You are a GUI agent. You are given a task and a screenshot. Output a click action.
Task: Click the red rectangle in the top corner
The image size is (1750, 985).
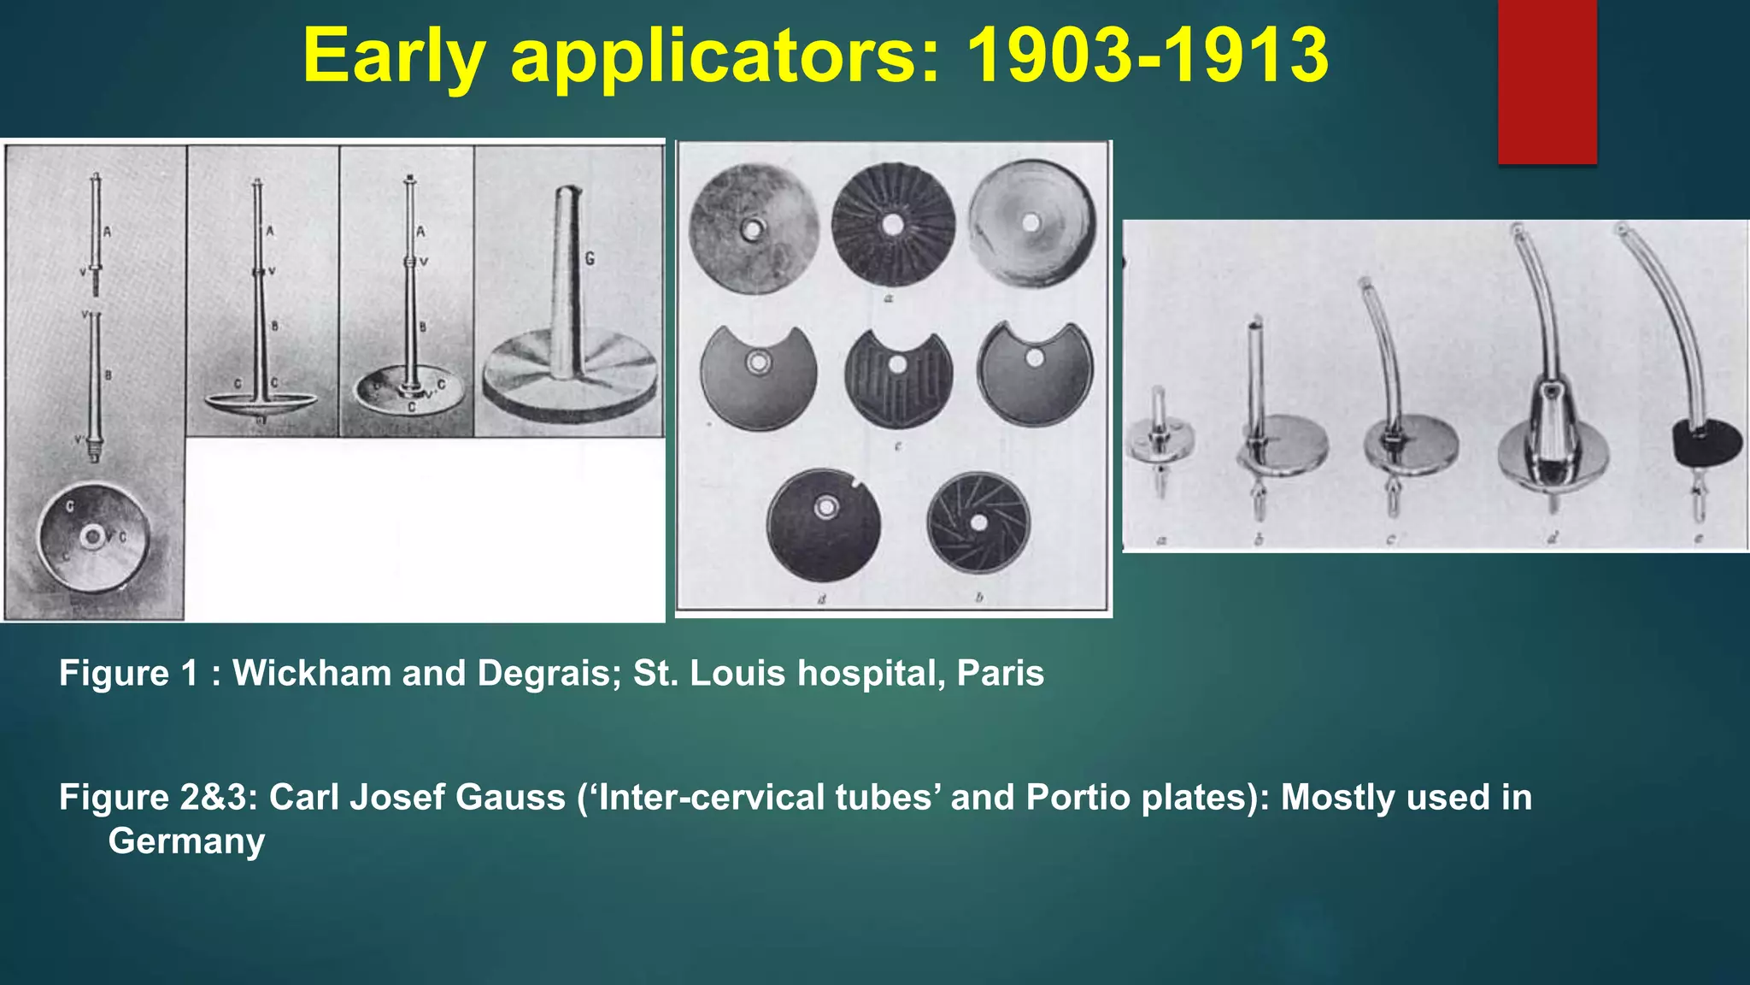(1547, 81)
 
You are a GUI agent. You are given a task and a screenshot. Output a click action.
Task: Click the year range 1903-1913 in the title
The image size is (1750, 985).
(1147, 56)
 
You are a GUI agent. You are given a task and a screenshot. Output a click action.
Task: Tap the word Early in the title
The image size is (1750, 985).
(394, 56)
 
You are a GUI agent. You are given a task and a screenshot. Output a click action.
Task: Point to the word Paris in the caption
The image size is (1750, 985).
(1000, 674)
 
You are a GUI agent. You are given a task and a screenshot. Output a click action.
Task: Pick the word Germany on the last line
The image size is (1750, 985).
(186, 841)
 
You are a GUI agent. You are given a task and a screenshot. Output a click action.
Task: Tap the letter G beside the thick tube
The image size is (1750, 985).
(590, 258)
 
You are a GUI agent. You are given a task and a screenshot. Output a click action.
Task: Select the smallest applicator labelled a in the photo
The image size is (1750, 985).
(1160, 440)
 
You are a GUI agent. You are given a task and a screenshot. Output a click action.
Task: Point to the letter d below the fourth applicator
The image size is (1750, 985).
(1552, 538)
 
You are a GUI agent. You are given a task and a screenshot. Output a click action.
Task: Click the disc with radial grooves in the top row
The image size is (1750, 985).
(893, 223)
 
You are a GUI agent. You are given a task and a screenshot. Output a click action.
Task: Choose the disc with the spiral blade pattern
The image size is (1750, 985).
(978, 522)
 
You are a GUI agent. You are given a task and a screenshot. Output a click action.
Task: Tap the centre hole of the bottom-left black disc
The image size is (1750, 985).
(825, 508)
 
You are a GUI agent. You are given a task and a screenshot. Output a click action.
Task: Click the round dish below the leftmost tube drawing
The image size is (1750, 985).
(94, 537)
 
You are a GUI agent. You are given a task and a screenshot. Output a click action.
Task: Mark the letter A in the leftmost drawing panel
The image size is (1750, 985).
(107, 232)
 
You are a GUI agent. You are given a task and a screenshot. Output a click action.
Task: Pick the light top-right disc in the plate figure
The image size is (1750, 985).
(1031, 223)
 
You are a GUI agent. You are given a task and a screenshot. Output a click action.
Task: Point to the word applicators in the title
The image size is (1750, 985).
(725, 56)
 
